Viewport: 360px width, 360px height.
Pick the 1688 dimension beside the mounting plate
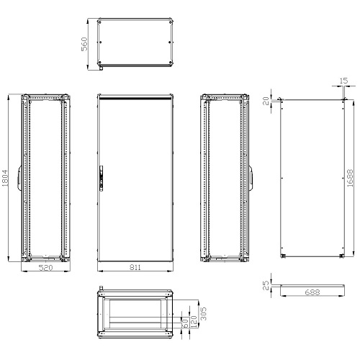click(349, 177)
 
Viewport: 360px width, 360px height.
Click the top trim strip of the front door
click(135, 96)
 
